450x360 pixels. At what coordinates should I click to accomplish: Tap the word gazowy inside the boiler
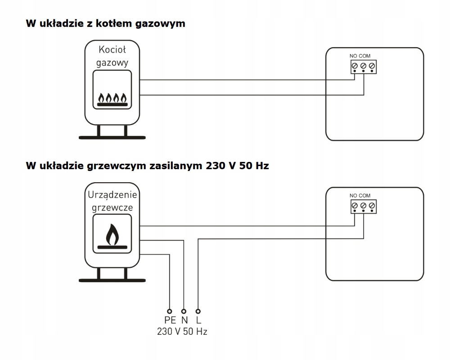coord(112,63)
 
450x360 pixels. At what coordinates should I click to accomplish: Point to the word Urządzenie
coord(112,195)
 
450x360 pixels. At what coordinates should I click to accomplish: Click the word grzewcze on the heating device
coord(112,208)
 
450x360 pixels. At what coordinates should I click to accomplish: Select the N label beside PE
coord(184,320)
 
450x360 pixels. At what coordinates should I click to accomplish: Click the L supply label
coord(198,320)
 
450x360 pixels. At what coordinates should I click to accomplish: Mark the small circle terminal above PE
coord(170,311)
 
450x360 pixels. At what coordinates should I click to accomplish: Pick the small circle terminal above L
coord(198,311)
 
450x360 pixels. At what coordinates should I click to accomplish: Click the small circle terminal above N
coord(184,311)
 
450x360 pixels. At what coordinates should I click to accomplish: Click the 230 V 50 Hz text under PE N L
coord(182,332)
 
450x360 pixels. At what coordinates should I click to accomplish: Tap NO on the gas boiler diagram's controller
coord(353,56)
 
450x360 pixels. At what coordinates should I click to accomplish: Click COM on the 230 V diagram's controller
coord(364,196)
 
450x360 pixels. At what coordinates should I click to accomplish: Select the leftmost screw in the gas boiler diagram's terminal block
coord(355,67)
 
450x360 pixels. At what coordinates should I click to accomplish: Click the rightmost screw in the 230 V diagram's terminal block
coord(372,206)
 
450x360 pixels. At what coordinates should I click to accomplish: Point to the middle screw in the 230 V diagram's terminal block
coord(363,206)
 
